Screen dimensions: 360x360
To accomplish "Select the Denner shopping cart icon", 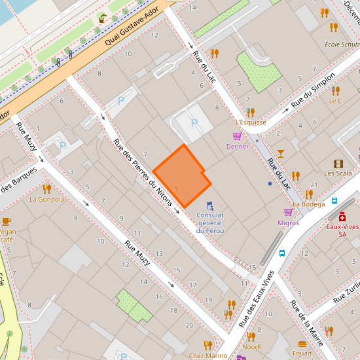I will coord(237,136).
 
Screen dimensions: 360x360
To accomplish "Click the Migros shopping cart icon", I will coord(288,212).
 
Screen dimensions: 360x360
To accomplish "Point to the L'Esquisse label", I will coord(251,122).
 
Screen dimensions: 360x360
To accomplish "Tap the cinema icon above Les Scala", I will coord(338,164).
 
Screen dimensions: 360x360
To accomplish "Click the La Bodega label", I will coord(309,204).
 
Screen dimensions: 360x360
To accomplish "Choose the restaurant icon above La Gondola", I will coord(46,189).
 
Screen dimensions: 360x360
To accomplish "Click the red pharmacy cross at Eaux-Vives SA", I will coord(342,217).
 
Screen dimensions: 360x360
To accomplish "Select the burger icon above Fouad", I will coord(302,344).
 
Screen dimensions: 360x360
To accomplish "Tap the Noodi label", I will coord(251,347).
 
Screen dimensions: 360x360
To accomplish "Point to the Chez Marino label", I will coord(207,355).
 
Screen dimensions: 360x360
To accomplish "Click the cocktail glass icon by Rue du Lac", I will coord(281,153).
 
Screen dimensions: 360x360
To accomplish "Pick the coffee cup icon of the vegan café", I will coord(6,221).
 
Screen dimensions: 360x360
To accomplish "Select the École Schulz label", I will coord(342,45).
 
